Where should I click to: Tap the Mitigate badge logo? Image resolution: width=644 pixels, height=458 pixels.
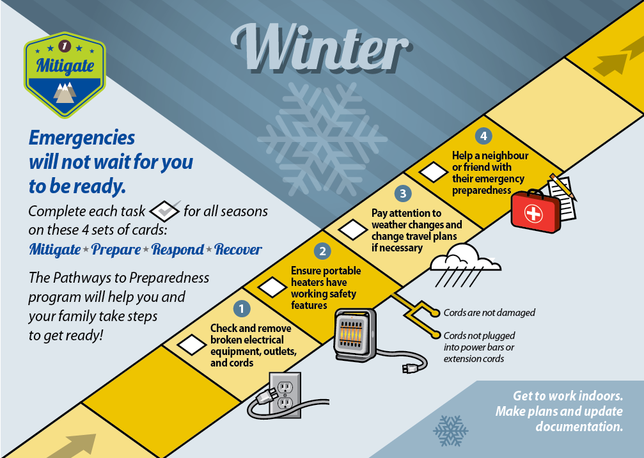(65, 75)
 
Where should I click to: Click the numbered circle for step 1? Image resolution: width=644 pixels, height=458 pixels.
(242, 308)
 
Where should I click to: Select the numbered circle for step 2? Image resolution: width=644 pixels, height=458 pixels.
(322, 251)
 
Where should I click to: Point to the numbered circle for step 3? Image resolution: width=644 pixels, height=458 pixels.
(403, 193)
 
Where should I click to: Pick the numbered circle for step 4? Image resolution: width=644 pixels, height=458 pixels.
(483, 136)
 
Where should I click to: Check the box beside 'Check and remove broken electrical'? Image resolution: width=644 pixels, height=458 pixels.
(191, 345)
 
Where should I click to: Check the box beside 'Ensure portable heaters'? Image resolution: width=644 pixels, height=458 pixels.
(272, 287)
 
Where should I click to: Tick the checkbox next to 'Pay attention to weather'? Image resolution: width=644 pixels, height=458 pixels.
(352, 230)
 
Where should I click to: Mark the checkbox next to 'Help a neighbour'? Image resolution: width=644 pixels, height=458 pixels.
(434, 172)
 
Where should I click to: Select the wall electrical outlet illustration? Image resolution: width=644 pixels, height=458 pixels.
(285, 395)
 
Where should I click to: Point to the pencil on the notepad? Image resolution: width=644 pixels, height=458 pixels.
(563, 187)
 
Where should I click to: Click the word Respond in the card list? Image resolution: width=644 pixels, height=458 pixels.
(177, 249)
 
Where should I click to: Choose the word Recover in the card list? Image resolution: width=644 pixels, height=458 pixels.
(238, 249)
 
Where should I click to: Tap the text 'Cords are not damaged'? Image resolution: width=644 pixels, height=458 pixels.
(489, 313)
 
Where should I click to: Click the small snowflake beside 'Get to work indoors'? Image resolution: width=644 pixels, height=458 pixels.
(451, 430)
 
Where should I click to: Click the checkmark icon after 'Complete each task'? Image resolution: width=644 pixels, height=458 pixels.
(165, 211)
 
